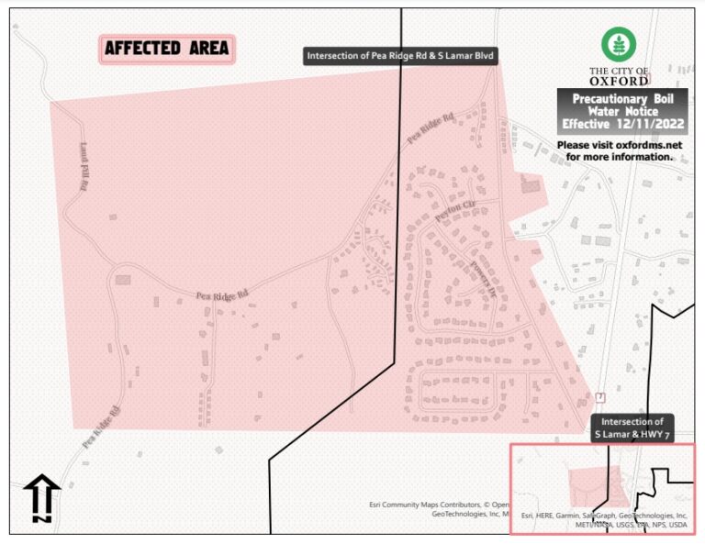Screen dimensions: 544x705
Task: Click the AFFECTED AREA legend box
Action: [167, 49]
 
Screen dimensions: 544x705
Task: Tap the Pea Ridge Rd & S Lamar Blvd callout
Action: [401, 56]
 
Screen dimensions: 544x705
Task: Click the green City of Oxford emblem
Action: [619, 44]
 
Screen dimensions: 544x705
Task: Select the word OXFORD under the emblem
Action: [619, 80]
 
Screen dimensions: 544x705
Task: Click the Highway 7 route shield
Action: [599, 397]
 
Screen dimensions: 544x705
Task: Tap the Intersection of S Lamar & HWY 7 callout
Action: [640, 427]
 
